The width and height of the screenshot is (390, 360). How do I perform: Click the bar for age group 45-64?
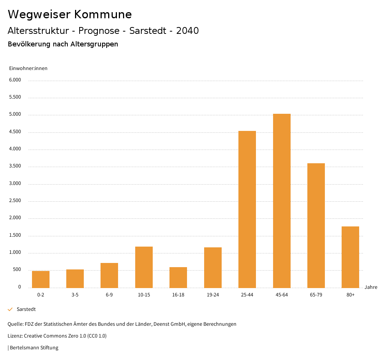[281, 201]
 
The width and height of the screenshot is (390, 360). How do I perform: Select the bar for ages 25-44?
[247, 209]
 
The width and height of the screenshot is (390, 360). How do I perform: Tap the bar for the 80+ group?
[350, 257]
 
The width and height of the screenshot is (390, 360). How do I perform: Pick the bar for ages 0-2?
[41, 279]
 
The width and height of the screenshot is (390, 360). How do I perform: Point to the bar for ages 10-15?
[144, 267]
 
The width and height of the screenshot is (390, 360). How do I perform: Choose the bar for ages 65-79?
[316, 225]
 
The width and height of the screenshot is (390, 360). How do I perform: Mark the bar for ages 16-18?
[178, 277]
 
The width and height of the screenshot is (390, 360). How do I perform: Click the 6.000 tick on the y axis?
[15, 80]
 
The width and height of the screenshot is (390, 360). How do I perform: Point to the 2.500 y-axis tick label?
[15, 201]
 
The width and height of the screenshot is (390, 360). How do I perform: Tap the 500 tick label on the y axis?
[17, 270]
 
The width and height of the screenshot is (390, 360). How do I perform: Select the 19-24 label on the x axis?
[213, 295]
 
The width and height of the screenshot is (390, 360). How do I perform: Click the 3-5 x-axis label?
[75, 295]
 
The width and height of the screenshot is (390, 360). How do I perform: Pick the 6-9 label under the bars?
[109, 295]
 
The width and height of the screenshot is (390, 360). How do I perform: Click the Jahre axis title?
[371, 287]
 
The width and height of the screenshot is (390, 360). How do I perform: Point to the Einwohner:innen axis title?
[28, 68]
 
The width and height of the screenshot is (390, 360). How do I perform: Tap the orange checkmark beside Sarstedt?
[10, 309]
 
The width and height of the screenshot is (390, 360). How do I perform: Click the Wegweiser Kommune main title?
[70, 14]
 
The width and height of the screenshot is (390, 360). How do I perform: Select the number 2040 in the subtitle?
[187, 31]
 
